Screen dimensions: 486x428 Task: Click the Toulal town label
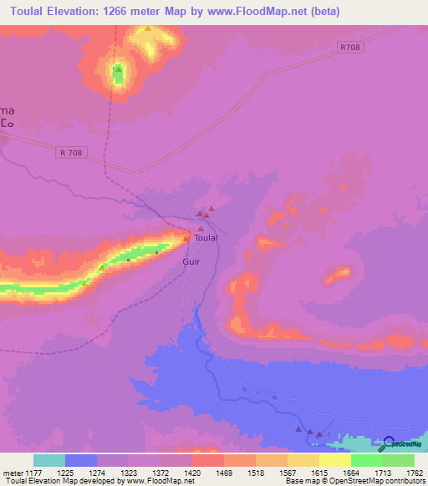pyautogui.click(x=206, y=238)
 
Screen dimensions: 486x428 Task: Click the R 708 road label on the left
pyautogui.click(x=74, y=152)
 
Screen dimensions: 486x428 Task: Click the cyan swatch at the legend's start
pyautogui.click(x=49, y=460)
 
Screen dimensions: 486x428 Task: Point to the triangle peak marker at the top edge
pyautogui.click(x=148, y=28)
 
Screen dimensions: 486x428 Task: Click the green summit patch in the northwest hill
pyautogui.click(x=118, y=74)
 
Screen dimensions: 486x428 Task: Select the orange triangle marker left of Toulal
pyautogui.click(x=186, y=239)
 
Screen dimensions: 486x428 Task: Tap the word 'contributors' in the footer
pyautogui.click(x=404, y=481)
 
